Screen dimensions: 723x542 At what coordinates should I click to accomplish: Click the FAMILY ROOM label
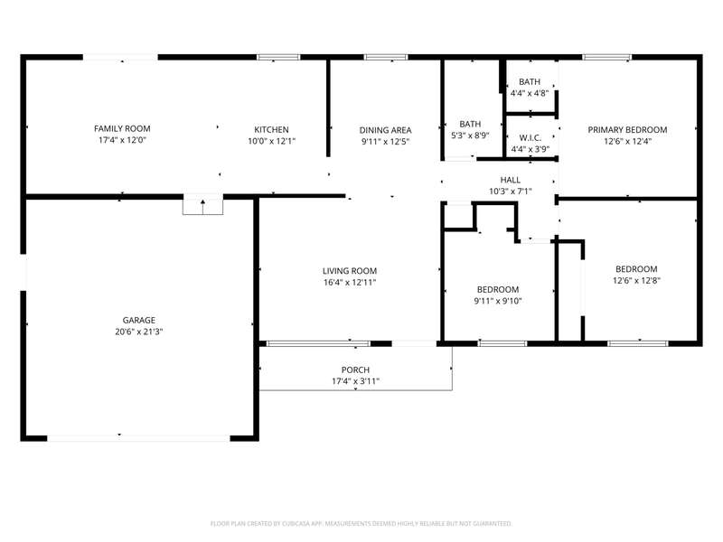122,128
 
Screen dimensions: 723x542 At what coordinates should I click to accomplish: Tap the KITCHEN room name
272,129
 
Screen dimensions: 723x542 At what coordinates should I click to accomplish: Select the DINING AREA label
386,130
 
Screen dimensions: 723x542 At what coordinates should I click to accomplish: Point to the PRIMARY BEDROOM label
627,129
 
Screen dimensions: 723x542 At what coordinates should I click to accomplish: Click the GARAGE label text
139,320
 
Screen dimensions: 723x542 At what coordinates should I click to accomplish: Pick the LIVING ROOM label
350,270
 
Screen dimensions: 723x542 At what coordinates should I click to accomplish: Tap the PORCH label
355,369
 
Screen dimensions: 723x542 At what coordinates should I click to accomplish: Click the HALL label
511,180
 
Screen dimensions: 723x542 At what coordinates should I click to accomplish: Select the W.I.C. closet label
531,138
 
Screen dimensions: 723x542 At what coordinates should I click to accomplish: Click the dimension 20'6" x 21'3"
139,332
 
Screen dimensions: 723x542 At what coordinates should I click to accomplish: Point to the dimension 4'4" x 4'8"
530,93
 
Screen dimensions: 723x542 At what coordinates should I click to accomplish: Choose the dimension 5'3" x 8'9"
470,135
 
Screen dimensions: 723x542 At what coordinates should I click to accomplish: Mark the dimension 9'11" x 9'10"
498,301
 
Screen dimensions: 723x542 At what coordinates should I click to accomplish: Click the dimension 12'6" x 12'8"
636,280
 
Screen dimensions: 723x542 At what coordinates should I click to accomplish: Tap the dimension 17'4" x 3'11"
355,381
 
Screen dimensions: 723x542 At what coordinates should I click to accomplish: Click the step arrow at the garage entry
202,207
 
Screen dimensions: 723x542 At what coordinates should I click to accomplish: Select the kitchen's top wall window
278,57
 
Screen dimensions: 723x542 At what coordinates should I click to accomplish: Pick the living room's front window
318,343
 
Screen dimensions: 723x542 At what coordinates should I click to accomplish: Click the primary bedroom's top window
606,57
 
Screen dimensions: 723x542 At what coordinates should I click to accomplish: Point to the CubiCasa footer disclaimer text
361,524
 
